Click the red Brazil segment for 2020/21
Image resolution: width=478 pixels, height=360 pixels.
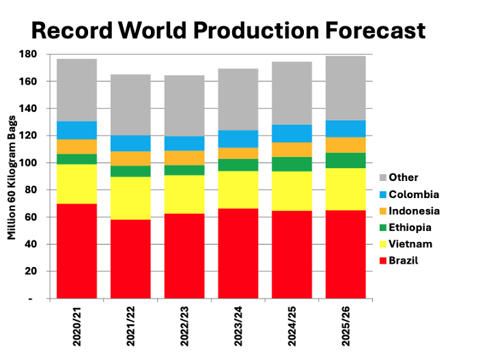76,251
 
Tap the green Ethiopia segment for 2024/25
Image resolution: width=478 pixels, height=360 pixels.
292,164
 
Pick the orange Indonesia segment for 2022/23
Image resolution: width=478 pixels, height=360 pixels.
184,158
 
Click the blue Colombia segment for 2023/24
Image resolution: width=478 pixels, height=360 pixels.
238,139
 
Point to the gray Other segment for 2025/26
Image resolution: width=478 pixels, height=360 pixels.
346,87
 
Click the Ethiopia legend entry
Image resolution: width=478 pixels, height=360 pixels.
409,227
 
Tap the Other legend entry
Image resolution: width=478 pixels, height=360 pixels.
403,178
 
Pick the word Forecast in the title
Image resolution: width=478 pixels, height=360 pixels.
369,31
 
